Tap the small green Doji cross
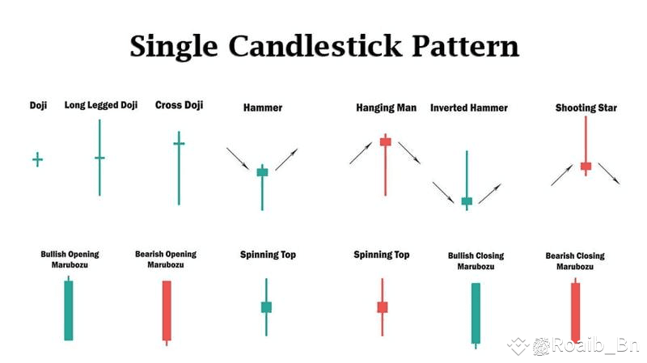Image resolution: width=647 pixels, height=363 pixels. pos(37,159)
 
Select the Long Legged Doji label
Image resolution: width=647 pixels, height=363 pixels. pos(101,105)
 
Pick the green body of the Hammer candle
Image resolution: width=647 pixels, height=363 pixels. pos(262,171)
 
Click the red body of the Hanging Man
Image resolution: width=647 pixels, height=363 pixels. pos(386,142)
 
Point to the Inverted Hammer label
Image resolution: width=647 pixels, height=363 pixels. pos(469,108)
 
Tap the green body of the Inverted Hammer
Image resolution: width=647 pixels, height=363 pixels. pos(466,200)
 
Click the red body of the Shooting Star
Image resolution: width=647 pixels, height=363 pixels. pos(586,166)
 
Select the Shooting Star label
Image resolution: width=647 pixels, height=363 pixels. pos(586,108)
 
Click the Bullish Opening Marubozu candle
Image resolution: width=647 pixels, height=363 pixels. pos(69,310)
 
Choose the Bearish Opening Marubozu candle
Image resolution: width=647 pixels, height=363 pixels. pos(167,310)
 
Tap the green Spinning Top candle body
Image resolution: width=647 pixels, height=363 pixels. pos(266,307)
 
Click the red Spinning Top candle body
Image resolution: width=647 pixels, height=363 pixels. pos(383,307)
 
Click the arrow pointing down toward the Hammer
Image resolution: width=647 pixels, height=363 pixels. pos(238,158)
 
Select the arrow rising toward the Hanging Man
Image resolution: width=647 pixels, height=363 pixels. pos(361,153)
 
